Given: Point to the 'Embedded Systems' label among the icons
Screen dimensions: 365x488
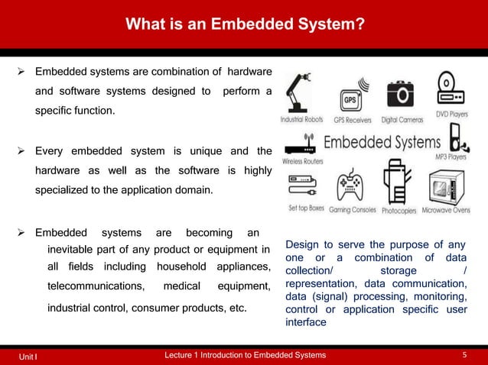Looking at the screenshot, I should point(382,143).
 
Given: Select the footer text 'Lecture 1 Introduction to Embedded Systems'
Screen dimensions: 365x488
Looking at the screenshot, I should point(245,355).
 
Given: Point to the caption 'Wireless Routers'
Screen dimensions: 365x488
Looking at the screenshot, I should point(301,161).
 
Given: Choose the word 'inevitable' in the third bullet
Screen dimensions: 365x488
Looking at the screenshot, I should point(71,250).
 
